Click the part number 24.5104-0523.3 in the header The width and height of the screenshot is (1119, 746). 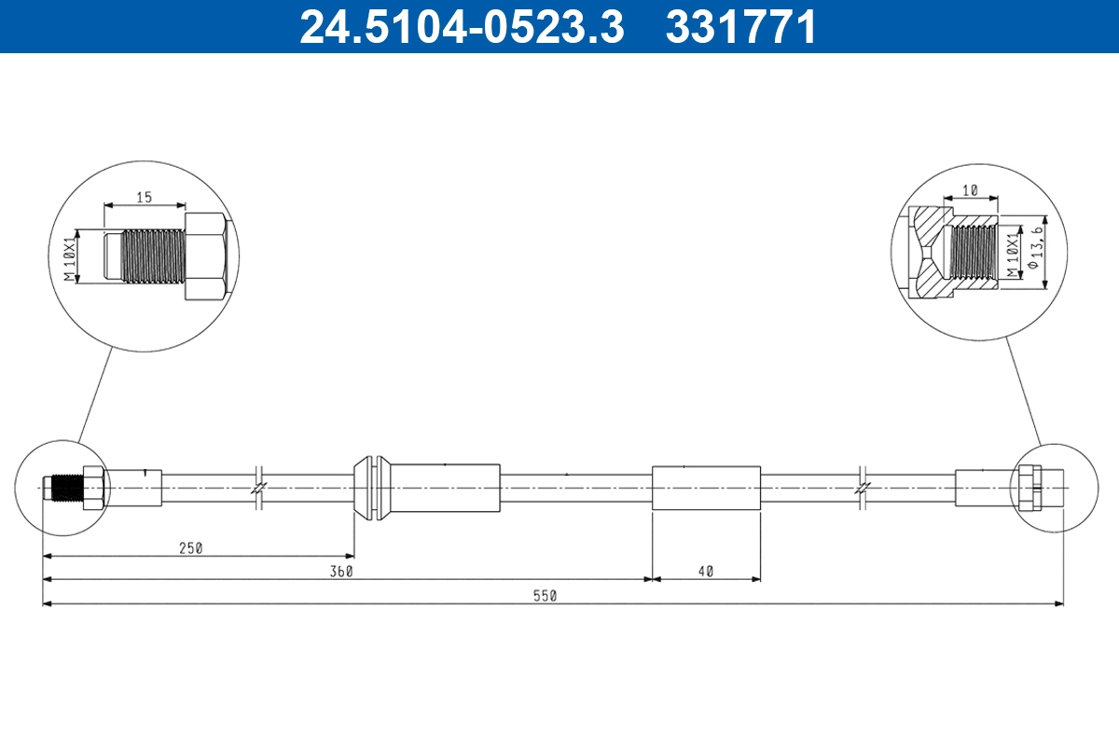coord(461,26)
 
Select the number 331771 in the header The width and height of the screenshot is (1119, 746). coord(741,26)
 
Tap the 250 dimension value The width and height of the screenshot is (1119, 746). coord(190,548)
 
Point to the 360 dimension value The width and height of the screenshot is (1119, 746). coord(341,572)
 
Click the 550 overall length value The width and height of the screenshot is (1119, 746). coord(545,596)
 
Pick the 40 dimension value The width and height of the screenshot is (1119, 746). coord(705,572)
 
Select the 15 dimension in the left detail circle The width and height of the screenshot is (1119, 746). coord(145,197)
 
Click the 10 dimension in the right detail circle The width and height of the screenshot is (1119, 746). coord(970,189)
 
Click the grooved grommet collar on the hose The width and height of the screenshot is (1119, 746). coord(370,487)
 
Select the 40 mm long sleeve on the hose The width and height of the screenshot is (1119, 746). coord(706,487)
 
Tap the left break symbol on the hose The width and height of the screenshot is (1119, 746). coord(258,487)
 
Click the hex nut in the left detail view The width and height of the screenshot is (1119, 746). coord(206,256)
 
